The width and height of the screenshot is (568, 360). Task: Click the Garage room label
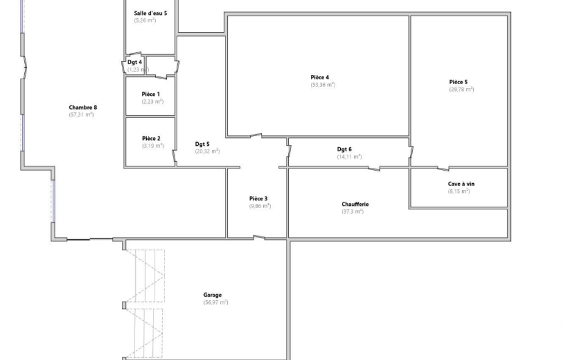pyautogui.click(x=212, y=295)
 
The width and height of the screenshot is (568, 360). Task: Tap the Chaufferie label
pyautogui.click(x=355, y=204)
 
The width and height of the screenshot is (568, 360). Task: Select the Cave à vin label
pyautogui.click(x=461, y=184)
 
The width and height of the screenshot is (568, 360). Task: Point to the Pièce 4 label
pyautogui.click(x=320, y=78)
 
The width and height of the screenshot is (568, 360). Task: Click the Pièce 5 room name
pyautogui.click(x=458, y=82)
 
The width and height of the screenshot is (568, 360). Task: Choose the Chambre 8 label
pyautogui.click(x=83, y=107)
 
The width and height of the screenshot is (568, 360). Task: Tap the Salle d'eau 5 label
pyautogui.click(x=150, y=13)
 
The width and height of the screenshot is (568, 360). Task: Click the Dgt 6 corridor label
pyautogui.click(x=344, y=149)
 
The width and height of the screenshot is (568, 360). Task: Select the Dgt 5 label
pyautogui.click(x=202, y=144)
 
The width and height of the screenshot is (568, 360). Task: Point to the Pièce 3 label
pyautogui.click(x=258, y=198)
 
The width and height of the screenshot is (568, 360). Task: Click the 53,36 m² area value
pyautogui.click(x=323, y=85)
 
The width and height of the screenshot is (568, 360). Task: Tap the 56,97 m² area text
pyautogui.click(x=216, y=302)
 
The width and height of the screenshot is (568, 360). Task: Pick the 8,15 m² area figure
pyautogui.click(x=459, y=191)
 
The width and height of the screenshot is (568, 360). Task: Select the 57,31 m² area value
pyautogui.click(x=81, y=115)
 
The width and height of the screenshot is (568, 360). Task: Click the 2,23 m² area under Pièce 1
pyautogui.click(x=152, y=102)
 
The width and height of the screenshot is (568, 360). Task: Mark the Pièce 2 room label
pyautogui.click(x=151, y=138)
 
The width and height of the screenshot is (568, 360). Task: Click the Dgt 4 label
pyautogui.click(x=135, y=62)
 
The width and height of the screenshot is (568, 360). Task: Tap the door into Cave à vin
pyautogui.click(x=443, y=168)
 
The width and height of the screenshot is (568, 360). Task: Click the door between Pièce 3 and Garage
pyautogui.click(x=259, y=238)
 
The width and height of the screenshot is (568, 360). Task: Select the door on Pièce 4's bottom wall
pyautogui.click(x=256, y=136)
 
